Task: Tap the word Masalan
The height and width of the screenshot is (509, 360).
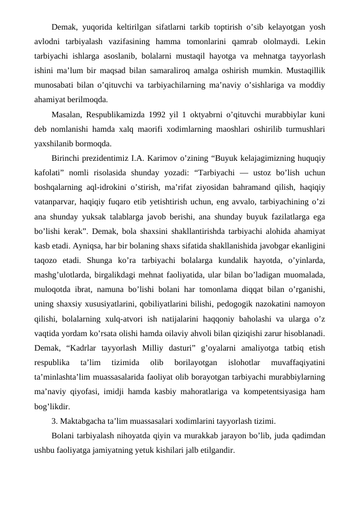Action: click(x=68, y=115)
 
